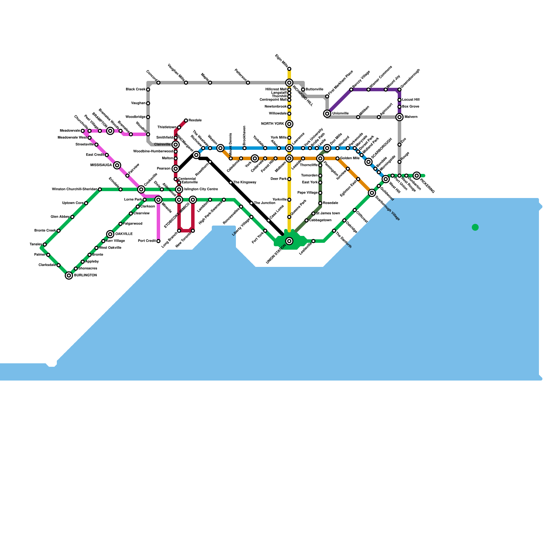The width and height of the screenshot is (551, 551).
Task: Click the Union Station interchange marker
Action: click(289, 241)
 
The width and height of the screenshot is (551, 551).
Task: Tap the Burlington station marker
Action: click(69, 275)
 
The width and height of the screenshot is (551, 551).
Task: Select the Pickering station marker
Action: click(417, 176)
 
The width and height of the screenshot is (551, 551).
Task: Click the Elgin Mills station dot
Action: click(289, 69)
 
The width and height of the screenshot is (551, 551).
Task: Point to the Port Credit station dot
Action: click(158, 241)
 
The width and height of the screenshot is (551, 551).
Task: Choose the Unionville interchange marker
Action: click(327, 114)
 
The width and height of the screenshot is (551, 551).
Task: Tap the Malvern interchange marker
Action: click(399, 117)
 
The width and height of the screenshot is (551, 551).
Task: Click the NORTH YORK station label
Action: click(272, 124)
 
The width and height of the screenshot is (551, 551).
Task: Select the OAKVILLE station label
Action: click(124, 234)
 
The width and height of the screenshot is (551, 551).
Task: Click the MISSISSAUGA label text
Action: click(101, 165)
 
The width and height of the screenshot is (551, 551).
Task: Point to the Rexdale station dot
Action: click(186, 121)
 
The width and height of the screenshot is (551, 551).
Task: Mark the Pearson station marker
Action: click(176, 169)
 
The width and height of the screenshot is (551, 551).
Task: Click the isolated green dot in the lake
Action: click(475, 227)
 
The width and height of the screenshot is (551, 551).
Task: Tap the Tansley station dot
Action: click(45, 245)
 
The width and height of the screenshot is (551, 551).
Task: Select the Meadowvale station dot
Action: click(83, 131)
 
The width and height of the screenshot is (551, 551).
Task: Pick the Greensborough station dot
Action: click(399, 90)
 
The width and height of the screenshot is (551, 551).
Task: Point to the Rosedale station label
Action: click(331, 203)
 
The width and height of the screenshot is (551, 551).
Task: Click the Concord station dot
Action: click(158, 83)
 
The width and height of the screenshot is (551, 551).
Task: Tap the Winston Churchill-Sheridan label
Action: click(74, 189)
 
